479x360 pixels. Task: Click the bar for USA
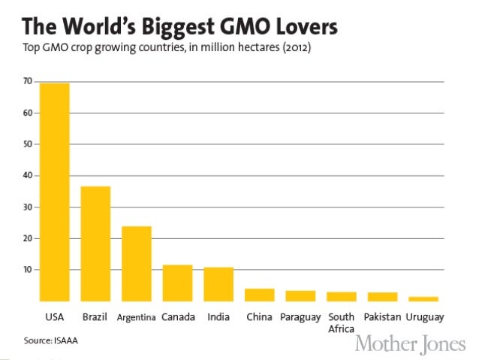pos(55,192)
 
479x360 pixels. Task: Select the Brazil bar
pos(95,244)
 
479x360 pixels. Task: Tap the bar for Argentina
pos(137,263)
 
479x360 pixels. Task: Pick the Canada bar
pos(177,283)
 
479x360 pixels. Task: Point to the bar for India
pos(218,283)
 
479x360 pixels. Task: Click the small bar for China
pos(259,295)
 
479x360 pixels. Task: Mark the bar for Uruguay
pos(423,298)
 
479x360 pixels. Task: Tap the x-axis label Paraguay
pos(300,317)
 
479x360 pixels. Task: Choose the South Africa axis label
pos(341,322)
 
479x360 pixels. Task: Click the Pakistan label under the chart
pos(383,317)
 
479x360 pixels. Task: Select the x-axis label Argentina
pos(137,317)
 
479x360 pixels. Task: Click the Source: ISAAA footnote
pos(50,340)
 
